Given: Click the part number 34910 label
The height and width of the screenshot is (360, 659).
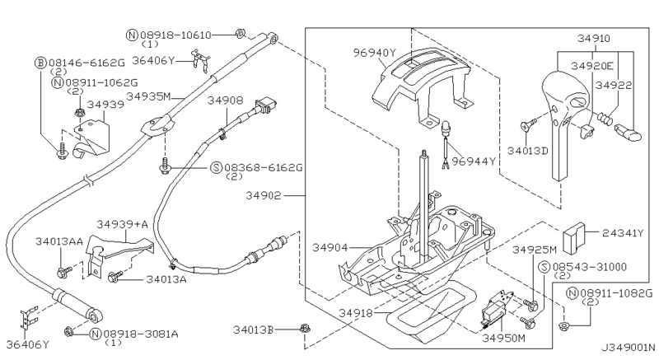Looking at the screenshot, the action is tap(593, 39).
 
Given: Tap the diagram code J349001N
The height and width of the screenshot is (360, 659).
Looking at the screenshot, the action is tap(628, 348).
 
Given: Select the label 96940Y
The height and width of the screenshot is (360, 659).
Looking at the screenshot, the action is tap(374, 53).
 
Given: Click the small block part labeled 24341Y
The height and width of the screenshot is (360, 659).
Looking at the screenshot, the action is tap(573, 238).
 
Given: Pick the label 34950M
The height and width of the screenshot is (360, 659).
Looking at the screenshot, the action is tap(503, 338).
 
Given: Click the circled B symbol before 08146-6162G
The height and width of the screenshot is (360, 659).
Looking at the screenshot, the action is tap(40, 63).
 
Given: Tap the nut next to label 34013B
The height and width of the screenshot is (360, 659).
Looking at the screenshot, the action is tap(305, 330).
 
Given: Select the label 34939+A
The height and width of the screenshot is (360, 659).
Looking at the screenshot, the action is tap(122, 224).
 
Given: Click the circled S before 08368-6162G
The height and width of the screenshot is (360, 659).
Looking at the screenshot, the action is tap(216, 168).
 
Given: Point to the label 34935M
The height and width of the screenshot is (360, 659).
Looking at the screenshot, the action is tap(148, 96).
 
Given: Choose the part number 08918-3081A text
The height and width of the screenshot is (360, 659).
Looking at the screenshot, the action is tap(141, 334).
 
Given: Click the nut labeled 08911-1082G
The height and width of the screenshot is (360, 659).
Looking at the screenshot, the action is tap(564, 326).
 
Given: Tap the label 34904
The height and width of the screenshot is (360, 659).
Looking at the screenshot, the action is tap(329, 248).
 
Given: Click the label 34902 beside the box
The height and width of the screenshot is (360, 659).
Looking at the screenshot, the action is tap(263, 196).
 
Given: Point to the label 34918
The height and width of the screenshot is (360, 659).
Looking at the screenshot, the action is tap(356, 313).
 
